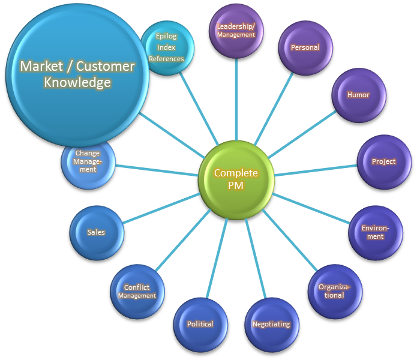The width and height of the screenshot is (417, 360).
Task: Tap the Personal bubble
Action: pyautogui.click(x=305, y=47)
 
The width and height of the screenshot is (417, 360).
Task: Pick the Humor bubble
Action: pyautogui.click(x=358, y=95)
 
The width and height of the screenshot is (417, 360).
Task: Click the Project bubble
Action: pyautogui.click(x=383, y=161)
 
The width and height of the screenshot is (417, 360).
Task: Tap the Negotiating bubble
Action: pyautogui.click(x=271, y=324)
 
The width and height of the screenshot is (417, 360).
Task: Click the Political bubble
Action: pyautogui.click(x=200, y=324)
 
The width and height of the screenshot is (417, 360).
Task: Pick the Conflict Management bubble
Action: pyautogui.click(x=137, y=291)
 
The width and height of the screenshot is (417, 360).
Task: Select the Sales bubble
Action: pyautogui.click(x=96, y=232)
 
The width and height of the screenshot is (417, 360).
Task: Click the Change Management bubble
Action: pyautogui.click(x=88, y=161)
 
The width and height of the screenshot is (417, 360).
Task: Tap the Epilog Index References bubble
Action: pyautogui.click(x=167, y=47)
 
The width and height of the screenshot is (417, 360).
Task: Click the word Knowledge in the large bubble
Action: pyautogui.click(x=77, y=83)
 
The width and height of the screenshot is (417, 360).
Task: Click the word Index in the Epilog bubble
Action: pyautogui.click(x=166, y=47)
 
